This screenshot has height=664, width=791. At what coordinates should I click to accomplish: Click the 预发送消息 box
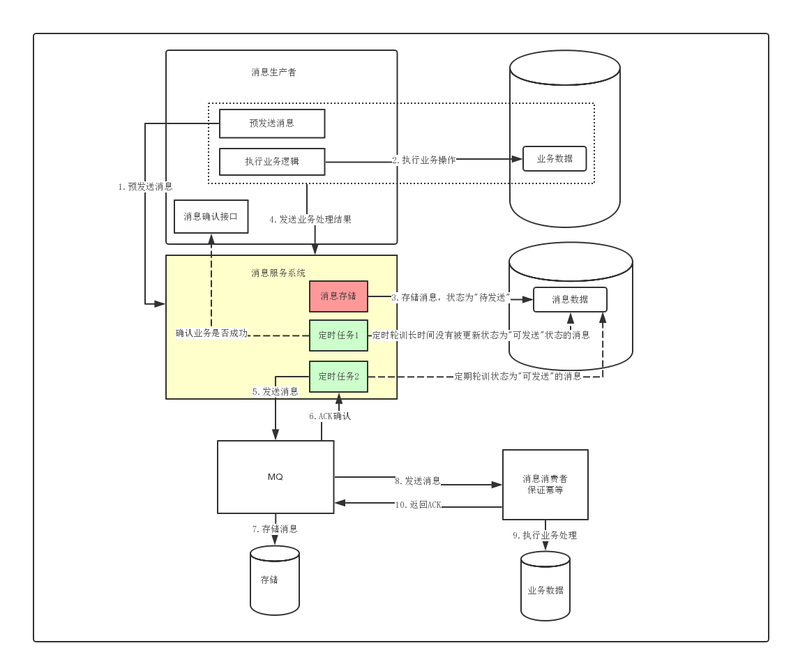tap(272, 123)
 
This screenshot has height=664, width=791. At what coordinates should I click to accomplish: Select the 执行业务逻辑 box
tap(272, 161)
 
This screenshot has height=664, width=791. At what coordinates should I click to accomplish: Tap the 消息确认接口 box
tap(211, 216)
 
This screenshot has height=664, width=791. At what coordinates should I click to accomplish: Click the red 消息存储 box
tap(338, 296)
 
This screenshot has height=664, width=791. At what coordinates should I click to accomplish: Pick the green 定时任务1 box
tap(338, 335)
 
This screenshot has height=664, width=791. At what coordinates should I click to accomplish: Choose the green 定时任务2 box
tap(338, 377)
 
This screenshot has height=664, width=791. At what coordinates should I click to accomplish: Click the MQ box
tap(276, 477)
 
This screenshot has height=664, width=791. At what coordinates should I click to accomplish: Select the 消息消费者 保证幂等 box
tap(545, 484)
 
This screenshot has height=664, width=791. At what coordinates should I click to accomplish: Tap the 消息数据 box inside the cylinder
tap(570, 300)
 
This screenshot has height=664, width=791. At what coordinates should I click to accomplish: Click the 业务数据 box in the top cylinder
tap(555, 159)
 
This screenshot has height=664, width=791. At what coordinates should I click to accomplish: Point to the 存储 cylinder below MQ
tap(275, 580)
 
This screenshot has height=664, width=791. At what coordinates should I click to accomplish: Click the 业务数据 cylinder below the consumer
tap(545, 586)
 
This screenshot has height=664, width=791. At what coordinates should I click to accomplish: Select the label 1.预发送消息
tap(145, 187)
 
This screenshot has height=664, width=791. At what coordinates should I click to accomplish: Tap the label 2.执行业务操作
tap(424, 160)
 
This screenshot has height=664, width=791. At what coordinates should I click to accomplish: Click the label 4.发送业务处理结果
tap(310, 220)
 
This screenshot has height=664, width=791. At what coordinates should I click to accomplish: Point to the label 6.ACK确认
tap(330, 416)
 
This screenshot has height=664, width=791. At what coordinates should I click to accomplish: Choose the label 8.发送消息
tap(418, 481)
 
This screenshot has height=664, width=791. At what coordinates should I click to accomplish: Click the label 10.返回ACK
tap(419, 504)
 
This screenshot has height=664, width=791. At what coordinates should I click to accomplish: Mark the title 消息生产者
tap(274, 72)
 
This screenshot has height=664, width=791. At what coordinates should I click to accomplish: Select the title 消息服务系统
tap(278, 273)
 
